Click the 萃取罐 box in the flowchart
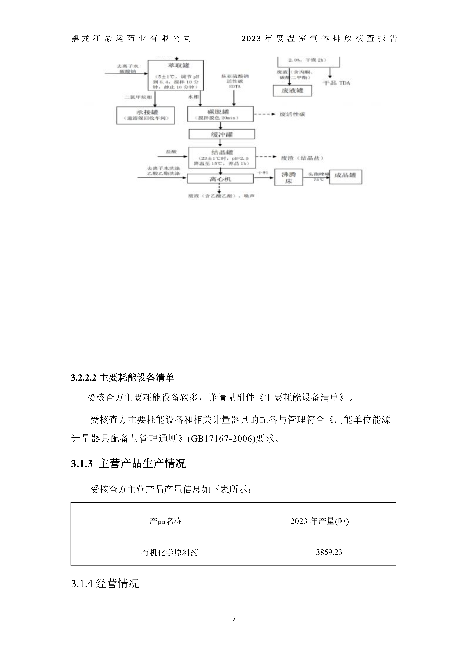[x=176, y=75]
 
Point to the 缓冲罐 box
[x=222, y=134]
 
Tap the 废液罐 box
[x=292, y=91]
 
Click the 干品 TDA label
[x=336, y=83]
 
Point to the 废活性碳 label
[x=292, y=114]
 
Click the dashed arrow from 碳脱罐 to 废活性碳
[x=265, y=114]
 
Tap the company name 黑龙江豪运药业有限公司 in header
[x=131, y=38]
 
